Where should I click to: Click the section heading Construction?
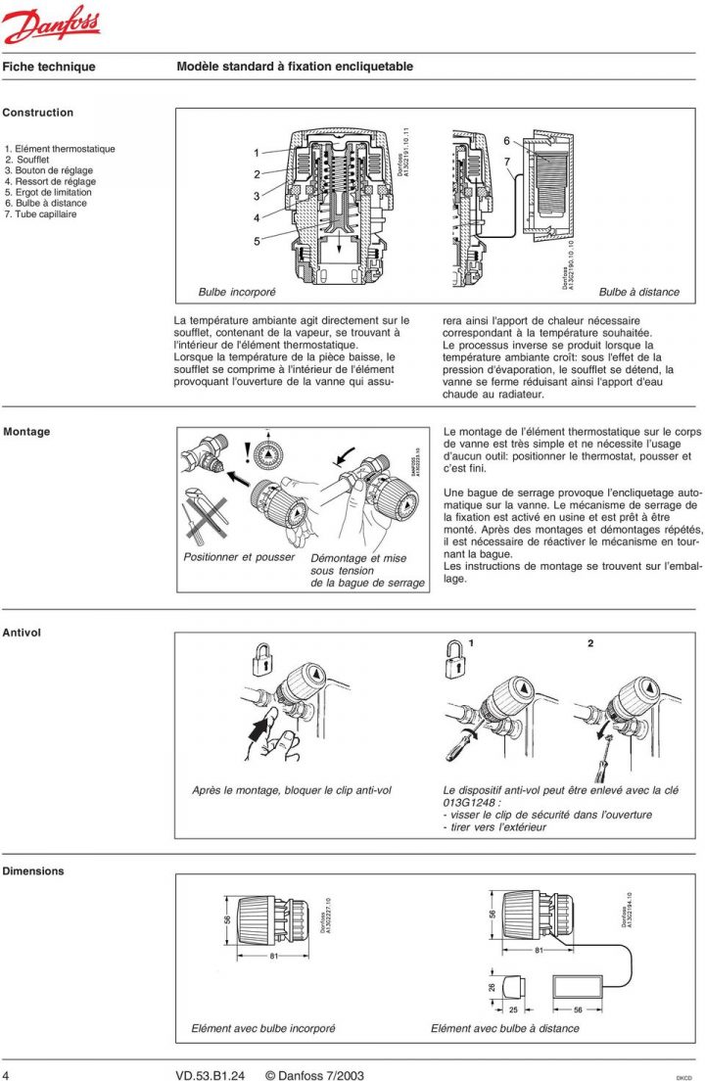38,113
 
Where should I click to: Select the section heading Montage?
26,432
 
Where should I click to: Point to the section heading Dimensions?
33,870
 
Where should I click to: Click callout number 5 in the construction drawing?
257,241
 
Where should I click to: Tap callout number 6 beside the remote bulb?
507,141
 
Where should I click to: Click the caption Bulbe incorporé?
237,292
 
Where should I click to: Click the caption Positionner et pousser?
239,557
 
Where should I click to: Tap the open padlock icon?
452,657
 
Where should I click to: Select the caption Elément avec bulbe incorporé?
263,1028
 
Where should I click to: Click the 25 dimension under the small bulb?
513,1009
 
